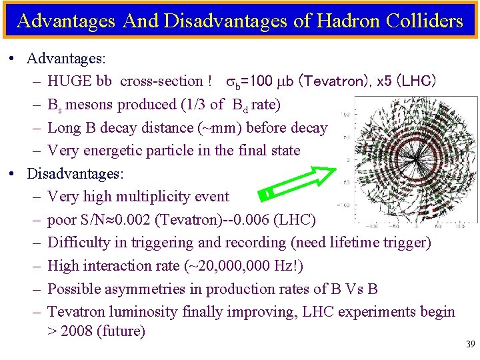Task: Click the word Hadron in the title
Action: tap(343, 21)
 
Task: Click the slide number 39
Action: tap(470, 344)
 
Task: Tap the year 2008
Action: tap(78, 331)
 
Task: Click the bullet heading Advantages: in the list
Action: tap(66, 59)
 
